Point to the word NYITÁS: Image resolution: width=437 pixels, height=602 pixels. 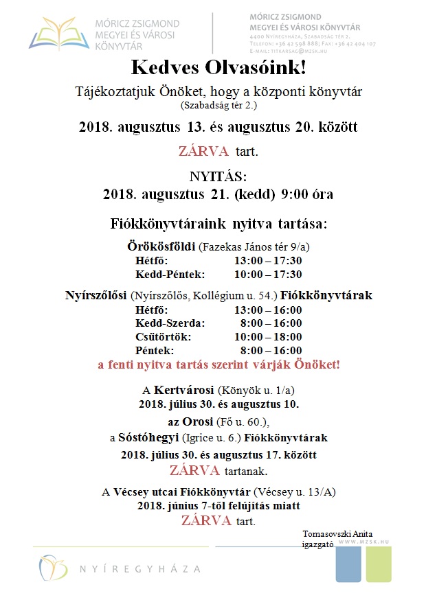point(218,176)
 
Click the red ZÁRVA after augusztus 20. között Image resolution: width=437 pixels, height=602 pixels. point(205,151)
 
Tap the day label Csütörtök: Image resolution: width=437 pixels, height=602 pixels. point(164,336)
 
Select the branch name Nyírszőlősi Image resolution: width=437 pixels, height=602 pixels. point(96,296)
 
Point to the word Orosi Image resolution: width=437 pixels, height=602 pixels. point(198,421)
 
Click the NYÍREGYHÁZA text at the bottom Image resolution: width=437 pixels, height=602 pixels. point(140,569)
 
